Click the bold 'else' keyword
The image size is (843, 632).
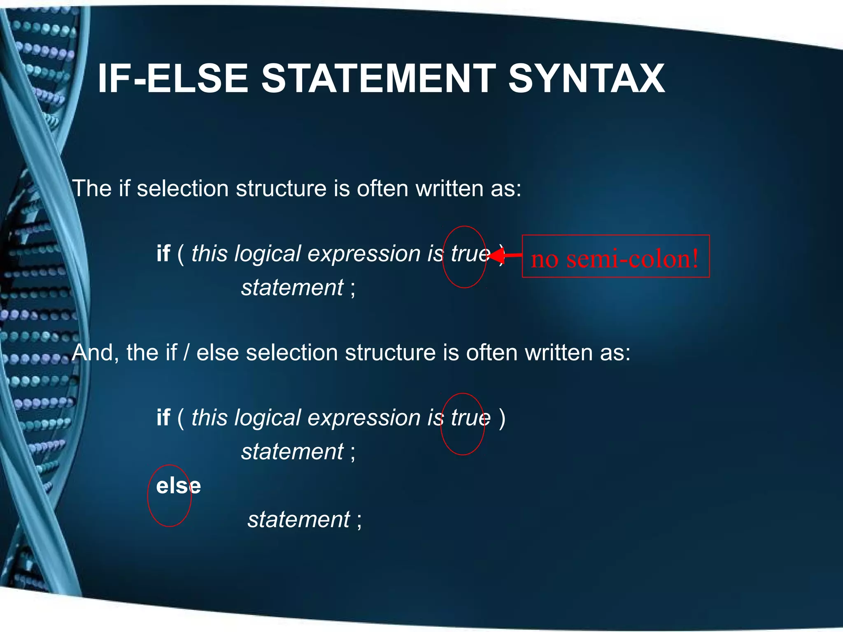[x=178, y=486]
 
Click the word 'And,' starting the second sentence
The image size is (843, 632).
[x=95, y=353]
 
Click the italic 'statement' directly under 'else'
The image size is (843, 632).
[x=299, y=519]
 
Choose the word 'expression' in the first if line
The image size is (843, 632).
[x=364, y=253]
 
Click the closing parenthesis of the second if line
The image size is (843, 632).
[x=502, y=418]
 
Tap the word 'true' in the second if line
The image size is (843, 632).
[x=470, y=418]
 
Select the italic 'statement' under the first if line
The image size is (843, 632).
[x=292, y=287]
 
